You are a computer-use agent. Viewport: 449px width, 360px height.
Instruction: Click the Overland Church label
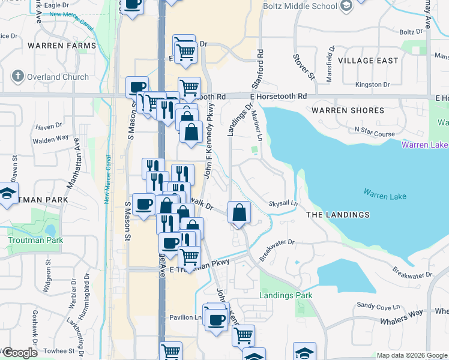coord(58,77)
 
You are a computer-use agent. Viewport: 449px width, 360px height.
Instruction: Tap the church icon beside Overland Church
coord(18,76)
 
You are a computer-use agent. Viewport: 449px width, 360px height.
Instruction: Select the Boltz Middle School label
coord(300,7)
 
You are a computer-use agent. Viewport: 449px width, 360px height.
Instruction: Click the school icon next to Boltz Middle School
coord(346,6)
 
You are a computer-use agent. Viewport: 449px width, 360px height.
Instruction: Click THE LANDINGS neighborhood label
coord(337,215)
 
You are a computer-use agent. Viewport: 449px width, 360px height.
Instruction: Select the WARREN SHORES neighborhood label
coord(348,110)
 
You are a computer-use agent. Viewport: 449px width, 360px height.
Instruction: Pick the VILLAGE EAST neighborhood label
coord(368,61)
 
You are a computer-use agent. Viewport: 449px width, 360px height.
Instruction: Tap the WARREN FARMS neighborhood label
coord(61,46)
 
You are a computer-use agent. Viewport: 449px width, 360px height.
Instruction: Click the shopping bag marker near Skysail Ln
coord(239,212)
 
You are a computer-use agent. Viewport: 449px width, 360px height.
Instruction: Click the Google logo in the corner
coord(19,353)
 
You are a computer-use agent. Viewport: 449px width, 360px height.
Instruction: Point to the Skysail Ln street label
coord(283,203)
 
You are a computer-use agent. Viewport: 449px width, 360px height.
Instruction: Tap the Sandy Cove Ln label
coord(374,305)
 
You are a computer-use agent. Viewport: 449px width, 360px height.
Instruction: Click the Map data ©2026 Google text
coord(412,355)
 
